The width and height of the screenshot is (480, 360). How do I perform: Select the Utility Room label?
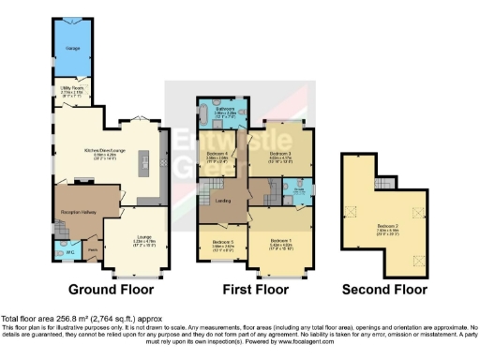pyautogui.click(x=70, y=92)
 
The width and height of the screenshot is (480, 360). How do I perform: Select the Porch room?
pyautogui.click(x=93, y=250)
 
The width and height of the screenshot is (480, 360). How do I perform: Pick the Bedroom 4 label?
pyautogui.click(x=217, y=157)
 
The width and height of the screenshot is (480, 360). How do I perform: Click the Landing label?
pyautogui.click(x=226, y=199)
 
